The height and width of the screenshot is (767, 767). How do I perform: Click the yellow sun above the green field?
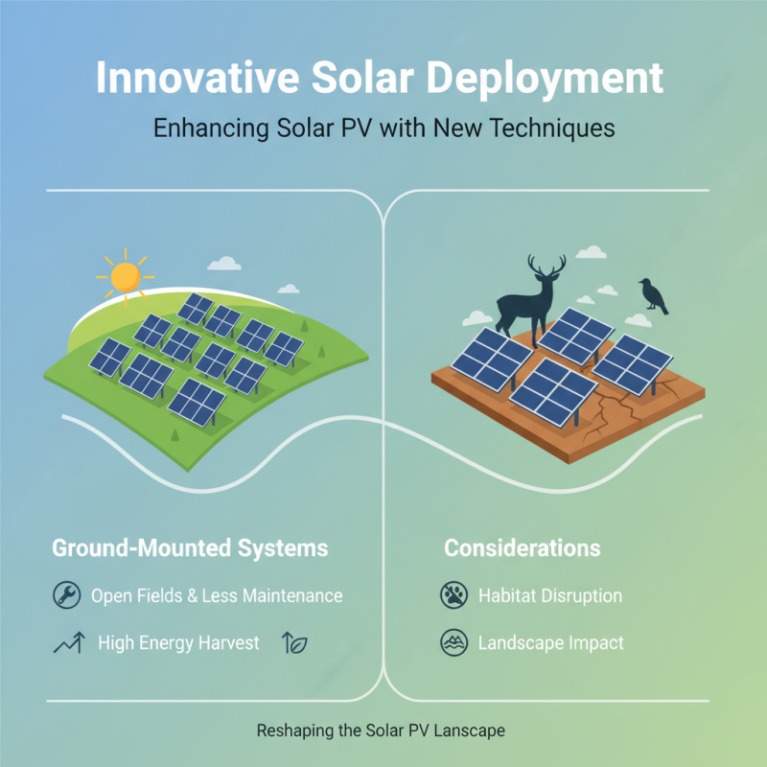125,276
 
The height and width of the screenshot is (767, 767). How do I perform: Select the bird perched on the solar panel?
654,295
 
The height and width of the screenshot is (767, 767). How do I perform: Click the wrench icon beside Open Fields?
66,595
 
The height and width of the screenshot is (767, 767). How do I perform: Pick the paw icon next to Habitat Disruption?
453,595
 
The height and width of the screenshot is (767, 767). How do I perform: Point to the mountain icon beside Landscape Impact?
453,643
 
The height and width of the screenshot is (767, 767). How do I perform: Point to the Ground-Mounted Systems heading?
189,548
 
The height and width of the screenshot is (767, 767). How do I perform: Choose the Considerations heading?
522,548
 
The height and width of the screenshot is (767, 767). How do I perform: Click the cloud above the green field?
224,263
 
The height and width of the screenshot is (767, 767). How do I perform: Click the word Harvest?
226,643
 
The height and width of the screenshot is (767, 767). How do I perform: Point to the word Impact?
594,643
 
